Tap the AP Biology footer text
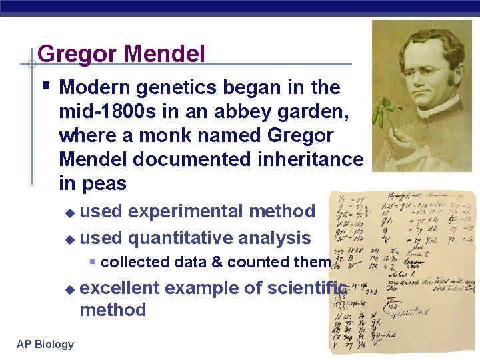point(45,344)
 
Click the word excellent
point(119,288)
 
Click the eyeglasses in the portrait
point(419,71)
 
